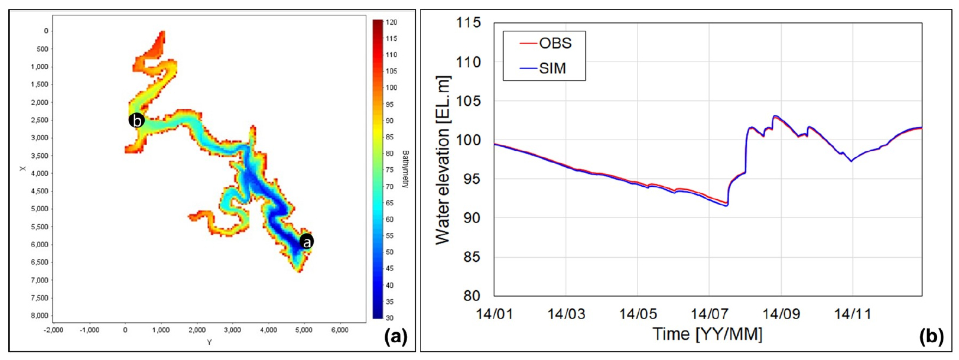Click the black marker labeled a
coord(306,241)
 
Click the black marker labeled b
coord(136,121)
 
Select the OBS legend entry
coord(555,43)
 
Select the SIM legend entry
coord(552,69)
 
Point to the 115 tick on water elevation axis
coord(469,23)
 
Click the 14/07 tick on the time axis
coord(709,314)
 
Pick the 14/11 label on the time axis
coord(852,314)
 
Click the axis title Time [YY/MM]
coord(707,335)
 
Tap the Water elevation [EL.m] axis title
coord(443,160)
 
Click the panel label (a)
coord(395,338)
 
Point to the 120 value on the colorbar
coord(391,22)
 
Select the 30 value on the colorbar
coord(390,318)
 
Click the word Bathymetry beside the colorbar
coord(405,169)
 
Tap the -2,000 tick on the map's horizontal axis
coord(53,330)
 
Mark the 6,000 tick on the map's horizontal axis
coord(340,330)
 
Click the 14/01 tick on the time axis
coord(495,314)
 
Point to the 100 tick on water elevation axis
coord(469,140)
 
